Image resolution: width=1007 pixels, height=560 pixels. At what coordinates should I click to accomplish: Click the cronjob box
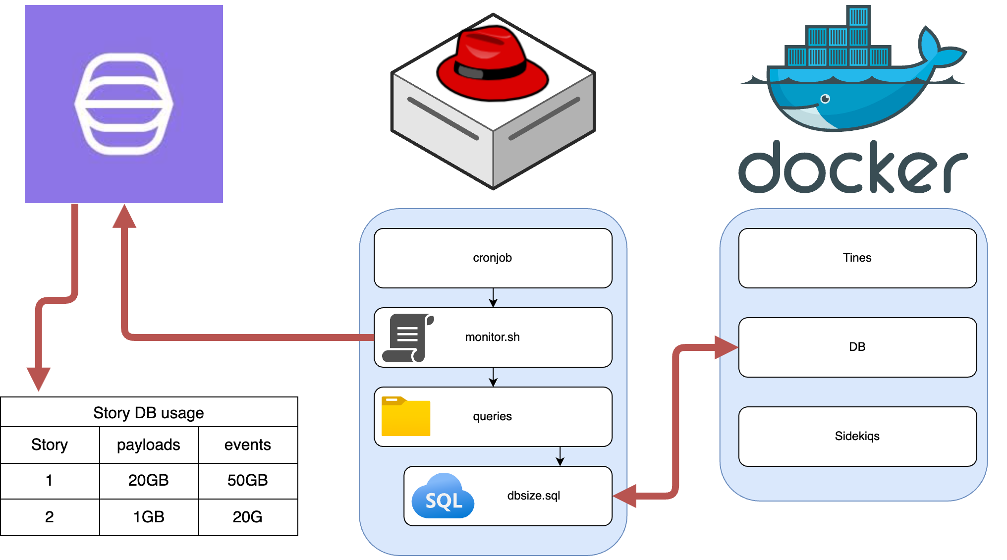[493, 258]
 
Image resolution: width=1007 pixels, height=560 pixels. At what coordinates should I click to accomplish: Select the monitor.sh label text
[492, 337]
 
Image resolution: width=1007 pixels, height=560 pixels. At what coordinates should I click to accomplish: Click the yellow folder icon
[405, 416]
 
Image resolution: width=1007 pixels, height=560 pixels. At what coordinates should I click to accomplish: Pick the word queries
[492, 416]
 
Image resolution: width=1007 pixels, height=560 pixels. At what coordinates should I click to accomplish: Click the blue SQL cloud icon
[443, 497]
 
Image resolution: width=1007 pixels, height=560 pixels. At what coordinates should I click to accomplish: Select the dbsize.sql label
[533, 496]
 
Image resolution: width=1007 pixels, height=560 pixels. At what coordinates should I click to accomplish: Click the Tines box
[857, 258]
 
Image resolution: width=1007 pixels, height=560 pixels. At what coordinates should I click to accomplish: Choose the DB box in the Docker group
[857, 347]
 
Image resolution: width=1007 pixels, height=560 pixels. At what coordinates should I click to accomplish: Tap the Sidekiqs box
[857, 436]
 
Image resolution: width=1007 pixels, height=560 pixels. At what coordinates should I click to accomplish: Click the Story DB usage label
[149, 412]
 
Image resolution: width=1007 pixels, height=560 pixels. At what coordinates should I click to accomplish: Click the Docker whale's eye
[825, 99]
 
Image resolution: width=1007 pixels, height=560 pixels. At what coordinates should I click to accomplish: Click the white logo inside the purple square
[124, 104]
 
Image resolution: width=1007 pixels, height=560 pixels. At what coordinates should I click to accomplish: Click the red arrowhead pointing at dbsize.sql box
[624, 496]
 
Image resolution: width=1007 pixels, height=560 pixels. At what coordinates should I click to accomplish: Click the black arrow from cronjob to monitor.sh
[493, 298]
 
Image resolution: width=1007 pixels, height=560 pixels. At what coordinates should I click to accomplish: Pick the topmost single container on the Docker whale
[858, 16]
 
